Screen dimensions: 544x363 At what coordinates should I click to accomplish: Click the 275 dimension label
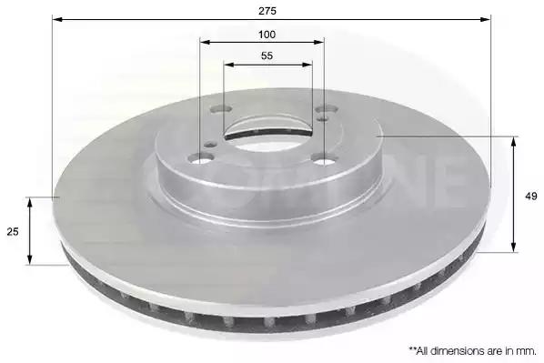tap(267, 11)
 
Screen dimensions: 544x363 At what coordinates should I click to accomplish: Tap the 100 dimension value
tap(267, 35)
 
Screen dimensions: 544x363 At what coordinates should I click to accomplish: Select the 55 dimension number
tap(267, 55)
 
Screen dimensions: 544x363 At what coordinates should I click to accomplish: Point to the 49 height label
tap(531, 197)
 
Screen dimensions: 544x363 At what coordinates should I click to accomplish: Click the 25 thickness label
tap(13, 232)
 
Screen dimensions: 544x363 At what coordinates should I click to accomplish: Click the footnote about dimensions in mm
tap(472, 351)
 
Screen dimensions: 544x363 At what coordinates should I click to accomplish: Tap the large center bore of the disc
tap(267, 136)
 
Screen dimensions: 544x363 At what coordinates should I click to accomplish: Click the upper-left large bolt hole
tap(221, 109)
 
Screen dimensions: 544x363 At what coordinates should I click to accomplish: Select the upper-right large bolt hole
tap(327, 110)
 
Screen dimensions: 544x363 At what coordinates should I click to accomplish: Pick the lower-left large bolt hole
tap(200, 159)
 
